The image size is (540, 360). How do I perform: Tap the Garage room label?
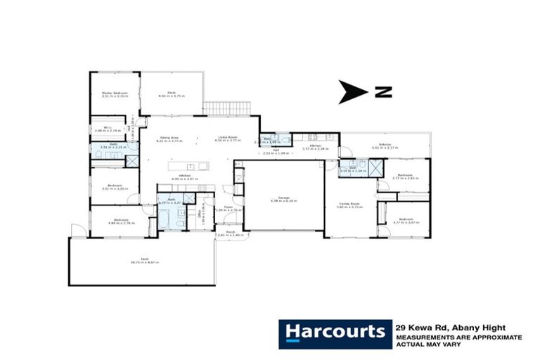pyautogui.click(x=278, y=199)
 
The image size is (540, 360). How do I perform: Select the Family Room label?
pyautogui.click(x=349, y=205)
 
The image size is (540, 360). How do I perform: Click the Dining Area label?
pyautogui.click(x=165, y=139)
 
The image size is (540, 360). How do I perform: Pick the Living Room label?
pyautogui.click(x=226, y=139)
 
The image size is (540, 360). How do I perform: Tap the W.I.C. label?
pyautogui.click(x=102, y=129)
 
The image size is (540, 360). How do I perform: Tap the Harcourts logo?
pyautogui.click(x=334, y=332)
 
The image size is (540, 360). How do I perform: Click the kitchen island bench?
pyautogui.click(x=188, y=166)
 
